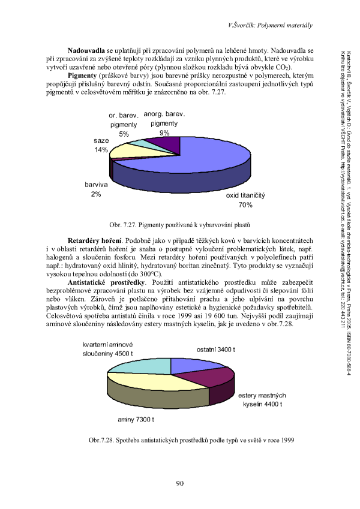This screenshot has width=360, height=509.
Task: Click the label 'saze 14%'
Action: point(101,144)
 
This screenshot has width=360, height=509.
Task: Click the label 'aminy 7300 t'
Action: point(136,418)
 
